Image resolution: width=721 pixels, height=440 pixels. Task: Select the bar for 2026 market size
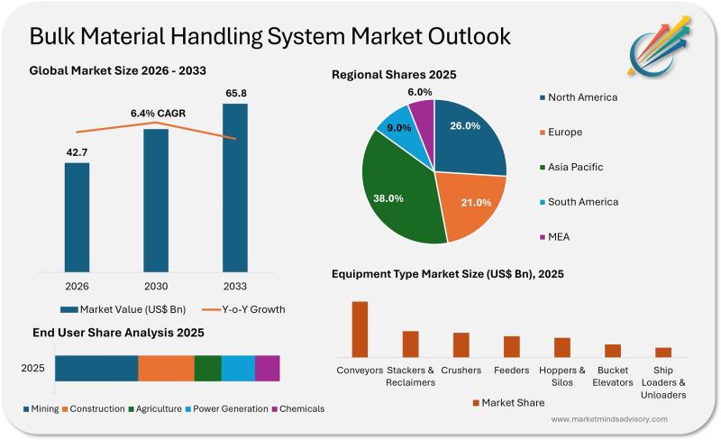(x=77, y=216)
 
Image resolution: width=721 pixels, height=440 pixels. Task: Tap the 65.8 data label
(x=234, y=93)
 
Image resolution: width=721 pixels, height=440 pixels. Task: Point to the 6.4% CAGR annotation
(x=156, y=114)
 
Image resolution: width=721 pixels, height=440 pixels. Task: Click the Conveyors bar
(x=360, y=329)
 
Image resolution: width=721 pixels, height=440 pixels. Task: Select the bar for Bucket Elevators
(x=613, y=351)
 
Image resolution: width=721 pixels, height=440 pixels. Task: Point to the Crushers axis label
(x=461, y=370)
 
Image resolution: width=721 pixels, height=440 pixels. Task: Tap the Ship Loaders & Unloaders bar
(x=663, y=353)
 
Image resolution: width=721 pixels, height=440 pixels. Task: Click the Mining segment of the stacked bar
(x=96, y=369)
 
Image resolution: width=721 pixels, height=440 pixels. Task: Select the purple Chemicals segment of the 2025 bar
(x=267, y=369)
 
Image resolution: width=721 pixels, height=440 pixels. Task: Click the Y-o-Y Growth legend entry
(x=242, y=309)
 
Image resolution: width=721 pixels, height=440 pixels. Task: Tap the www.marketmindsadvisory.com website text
(x=609, y=419)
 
